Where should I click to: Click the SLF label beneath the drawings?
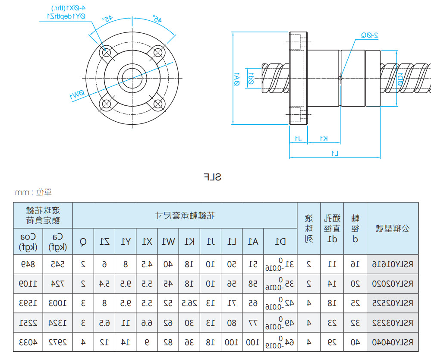(x=212, y=177)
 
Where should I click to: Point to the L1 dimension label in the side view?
(x=334, y=153)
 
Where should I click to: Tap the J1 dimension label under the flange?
(x=298, y=138)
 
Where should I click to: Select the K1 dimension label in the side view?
(x=324, y=138)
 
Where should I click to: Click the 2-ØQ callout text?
(x=369, y=36)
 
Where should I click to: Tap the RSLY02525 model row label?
(x=393, y=303)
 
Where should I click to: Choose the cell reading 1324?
(x=58, y=323)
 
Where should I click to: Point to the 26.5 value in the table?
(x=189, y=303)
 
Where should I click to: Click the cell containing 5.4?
(x=104, y=284)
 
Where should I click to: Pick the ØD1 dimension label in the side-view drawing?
(x=400, y=78)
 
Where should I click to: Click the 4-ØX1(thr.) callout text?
(x=66, y=8)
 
